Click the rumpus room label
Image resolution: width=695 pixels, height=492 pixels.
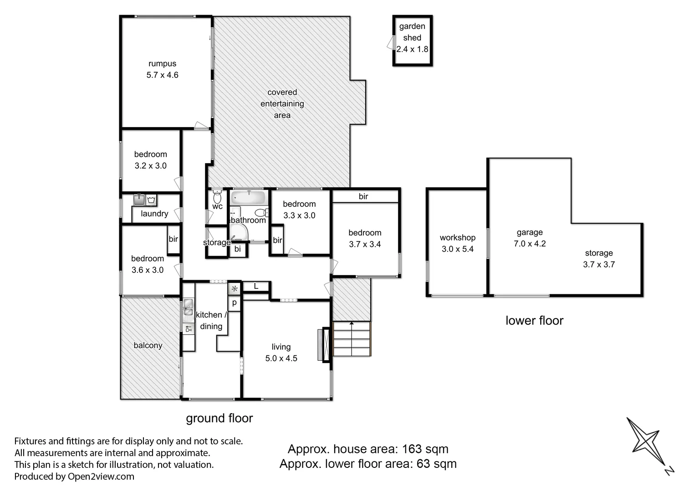tap(162, 64)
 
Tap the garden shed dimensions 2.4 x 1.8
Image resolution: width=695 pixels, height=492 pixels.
tap(412, 49)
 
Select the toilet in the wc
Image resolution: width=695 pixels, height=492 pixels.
tap(217, 197)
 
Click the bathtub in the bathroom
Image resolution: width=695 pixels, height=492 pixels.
tap(248, 198)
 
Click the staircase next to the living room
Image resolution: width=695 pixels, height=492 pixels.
tap(352, 339)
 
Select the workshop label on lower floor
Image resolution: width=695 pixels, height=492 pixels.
tap(457, 237)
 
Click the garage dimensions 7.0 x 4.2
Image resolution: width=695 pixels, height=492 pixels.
tap(530, 244)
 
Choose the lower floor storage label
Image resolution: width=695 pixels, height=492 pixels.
tap(598, 253)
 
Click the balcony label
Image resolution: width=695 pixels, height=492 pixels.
tap(148, 345)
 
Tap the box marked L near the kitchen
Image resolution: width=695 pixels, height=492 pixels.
tap(256, 286)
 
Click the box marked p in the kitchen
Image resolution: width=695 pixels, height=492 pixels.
tap(235, 302)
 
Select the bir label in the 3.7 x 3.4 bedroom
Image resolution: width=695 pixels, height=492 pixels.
tap(363, 196)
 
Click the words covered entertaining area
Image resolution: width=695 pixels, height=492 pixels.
tap(282, 103)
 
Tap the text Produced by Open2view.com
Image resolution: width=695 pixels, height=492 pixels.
tap(74, 477)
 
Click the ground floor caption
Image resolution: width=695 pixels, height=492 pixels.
tap(219, 418)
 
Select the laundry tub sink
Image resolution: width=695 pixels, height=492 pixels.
tap(139, 200)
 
